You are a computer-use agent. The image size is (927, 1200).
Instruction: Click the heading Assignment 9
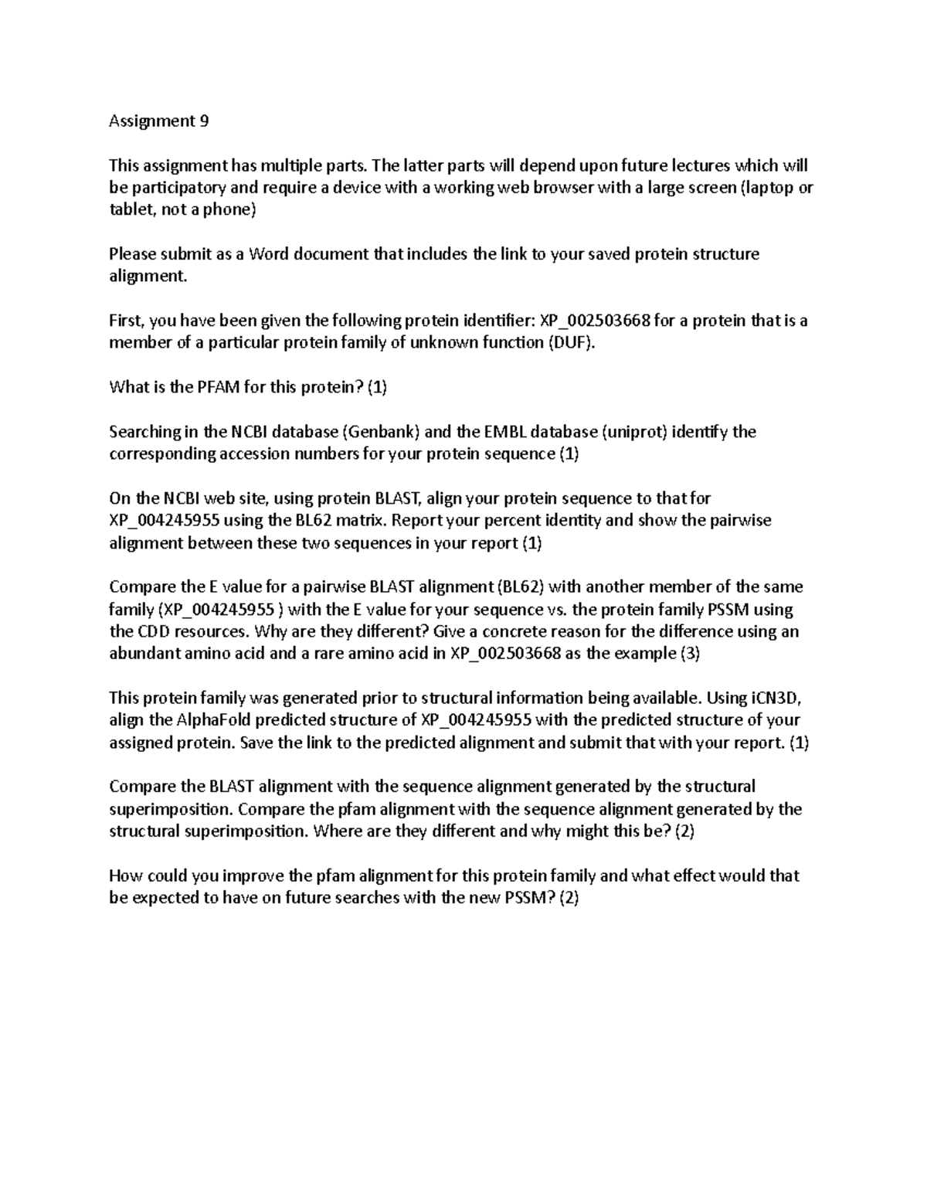158,121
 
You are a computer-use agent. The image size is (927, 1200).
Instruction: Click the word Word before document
267,253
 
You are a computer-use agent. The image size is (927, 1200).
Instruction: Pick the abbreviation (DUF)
572,342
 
